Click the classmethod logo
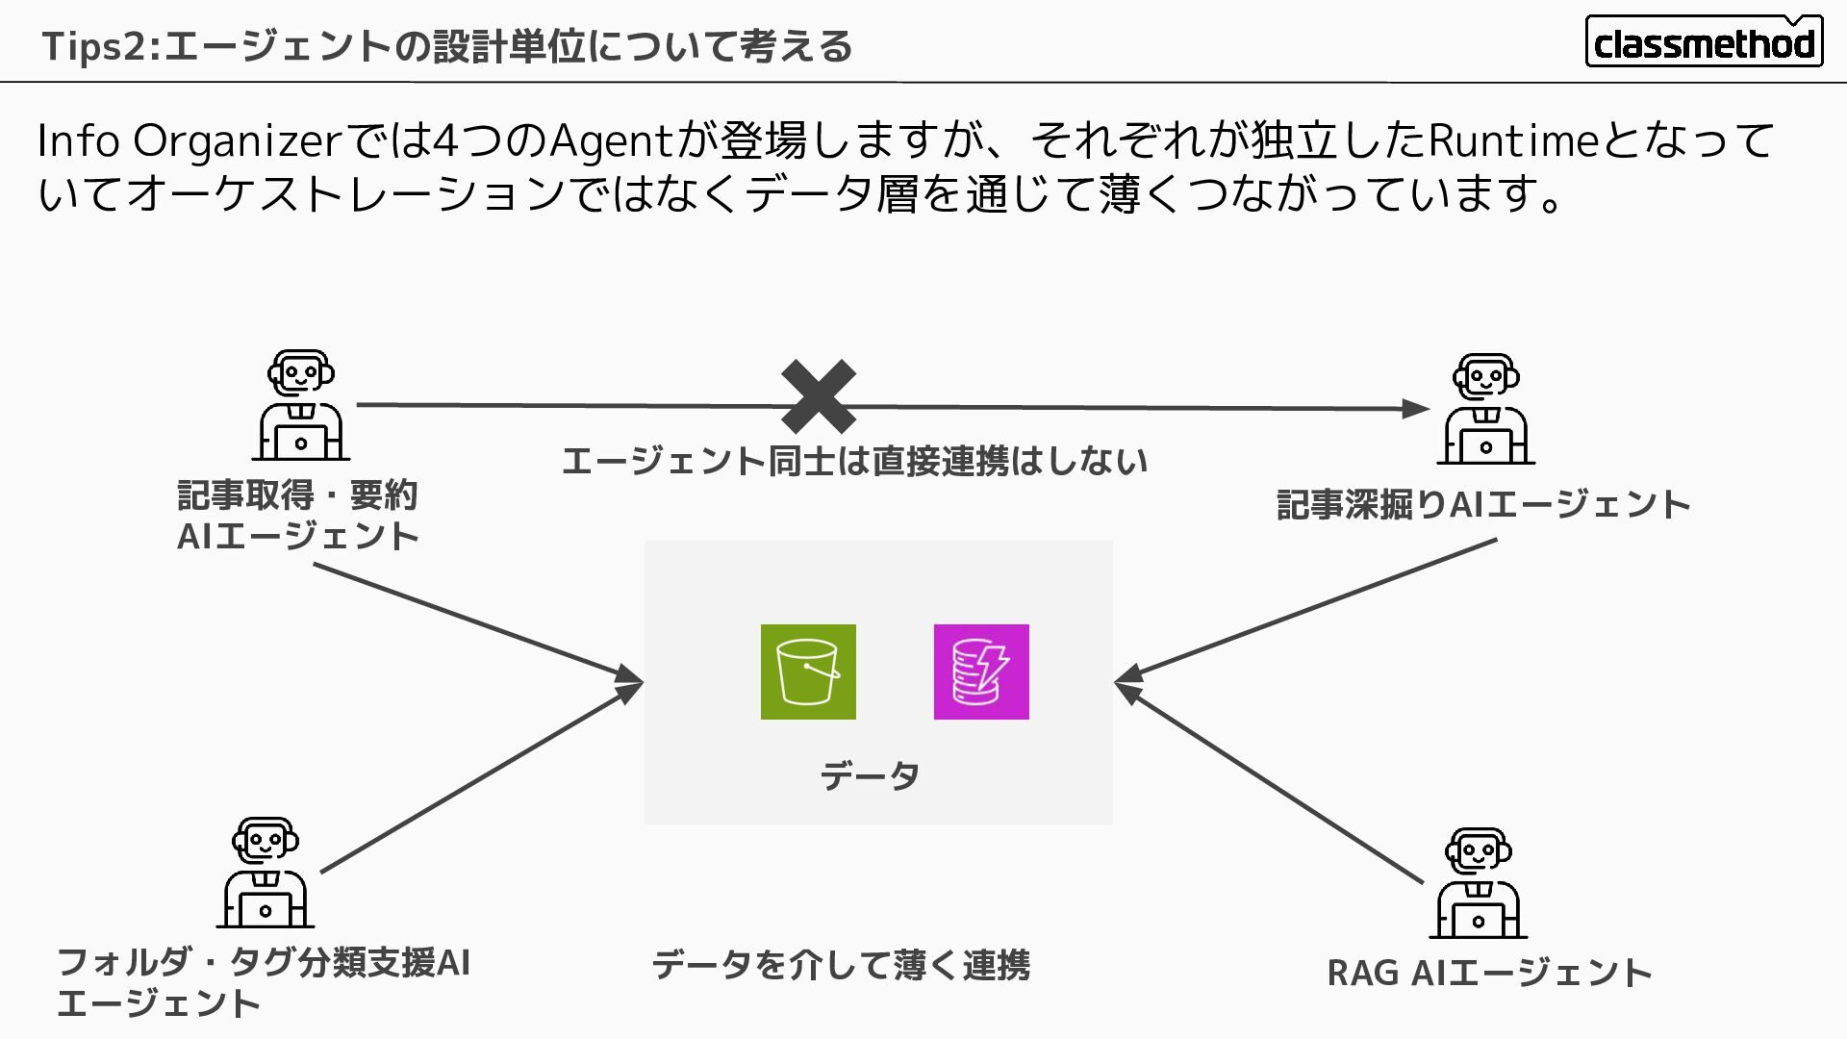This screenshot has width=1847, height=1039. (x=1704, y=41)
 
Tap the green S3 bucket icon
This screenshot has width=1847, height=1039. (x=808, y=672)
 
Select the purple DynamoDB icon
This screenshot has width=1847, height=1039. (x=981, y=672)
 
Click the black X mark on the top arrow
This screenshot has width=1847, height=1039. (x=818, y=396)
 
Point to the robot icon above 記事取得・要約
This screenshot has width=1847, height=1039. (x=301, y=405)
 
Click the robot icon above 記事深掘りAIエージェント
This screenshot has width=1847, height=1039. (x=1485, y=409)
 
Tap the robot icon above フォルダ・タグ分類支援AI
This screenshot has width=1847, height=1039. (x=266, y=873)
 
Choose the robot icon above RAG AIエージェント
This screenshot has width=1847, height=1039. (x=1478, y=882)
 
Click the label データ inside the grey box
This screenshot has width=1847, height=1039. (x=870, y=775)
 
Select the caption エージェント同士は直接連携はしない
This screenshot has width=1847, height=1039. (x=854, y=462)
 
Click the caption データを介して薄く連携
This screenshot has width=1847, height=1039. (x=841, y=965)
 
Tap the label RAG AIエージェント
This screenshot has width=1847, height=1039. (x=1489, y=973)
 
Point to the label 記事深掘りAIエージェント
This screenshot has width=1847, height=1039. (x=1483, y=505)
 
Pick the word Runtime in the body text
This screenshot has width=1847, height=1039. (x=1513, y=141)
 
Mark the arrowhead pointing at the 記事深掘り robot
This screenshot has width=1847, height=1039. (x=1415, y=409)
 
